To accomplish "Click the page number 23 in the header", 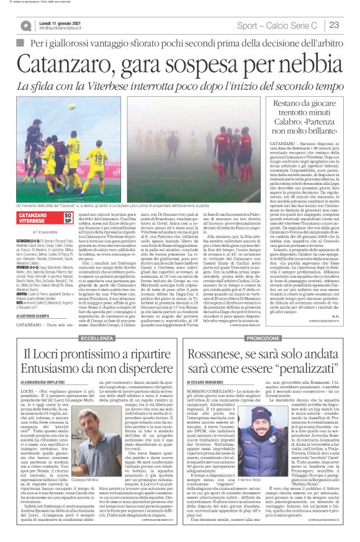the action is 334,25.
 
